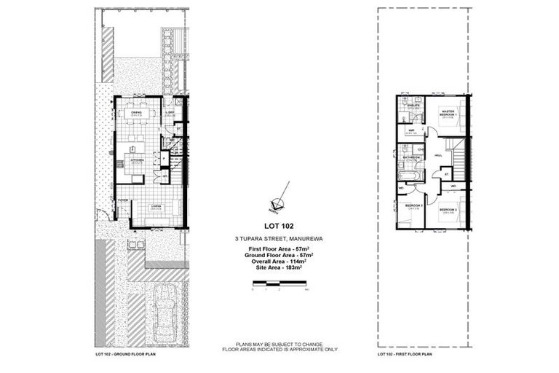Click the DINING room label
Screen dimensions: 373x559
coord(136,113)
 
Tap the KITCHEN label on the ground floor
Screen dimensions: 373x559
coord(137,160)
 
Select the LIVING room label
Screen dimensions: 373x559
coord(156,207)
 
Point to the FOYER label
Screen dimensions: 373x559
coord(123,200)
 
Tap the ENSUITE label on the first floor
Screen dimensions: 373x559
coord(413,106)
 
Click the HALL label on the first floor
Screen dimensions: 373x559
coord(438,155)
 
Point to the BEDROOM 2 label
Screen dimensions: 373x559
coord(449,210)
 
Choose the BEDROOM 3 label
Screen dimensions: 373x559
coord(413,206)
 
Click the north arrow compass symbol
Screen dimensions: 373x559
coord(277,203)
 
